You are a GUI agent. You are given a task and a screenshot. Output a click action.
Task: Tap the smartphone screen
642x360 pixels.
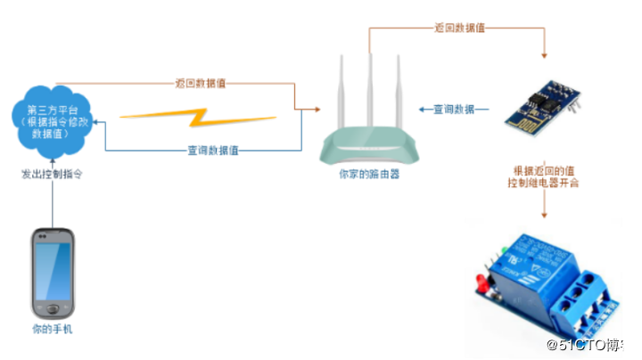(x=53, y=271)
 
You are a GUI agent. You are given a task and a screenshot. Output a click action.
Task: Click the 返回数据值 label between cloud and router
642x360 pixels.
(x=200, y=84)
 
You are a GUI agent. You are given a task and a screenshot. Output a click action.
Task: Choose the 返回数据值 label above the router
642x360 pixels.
(x=460, y=28)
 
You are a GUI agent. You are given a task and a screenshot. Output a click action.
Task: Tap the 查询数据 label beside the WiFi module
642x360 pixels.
(x=454, y=110)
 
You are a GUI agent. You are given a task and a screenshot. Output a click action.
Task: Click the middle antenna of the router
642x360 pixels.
(x=368, y=89)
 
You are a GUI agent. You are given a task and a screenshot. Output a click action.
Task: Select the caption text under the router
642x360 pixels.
(x=368, y=176)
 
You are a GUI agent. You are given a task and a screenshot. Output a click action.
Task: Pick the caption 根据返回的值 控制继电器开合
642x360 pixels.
(x=544, y=176)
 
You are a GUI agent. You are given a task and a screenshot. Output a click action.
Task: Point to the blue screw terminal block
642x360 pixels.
(x=580, y=299)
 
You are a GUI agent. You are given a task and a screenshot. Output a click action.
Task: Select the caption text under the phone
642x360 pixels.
(x=52, y=331)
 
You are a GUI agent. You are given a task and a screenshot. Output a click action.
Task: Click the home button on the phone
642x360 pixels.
(x=53, y=309)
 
